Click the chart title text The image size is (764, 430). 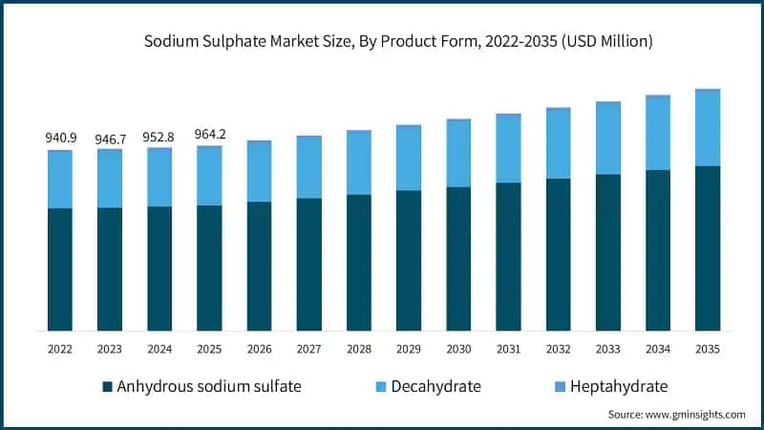398,41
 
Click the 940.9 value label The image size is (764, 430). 60,138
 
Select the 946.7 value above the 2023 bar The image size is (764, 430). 110,140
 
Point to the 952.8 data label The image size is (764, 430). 159,137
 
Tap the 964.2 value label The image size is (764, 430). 209,135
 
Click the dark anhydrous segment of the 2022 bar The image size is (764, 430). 60,269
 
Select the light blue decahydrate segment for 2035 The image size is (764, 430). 708,129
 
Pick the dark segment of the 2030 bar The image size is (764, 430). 458,259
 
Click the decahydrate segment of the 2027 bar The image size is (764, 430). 309,168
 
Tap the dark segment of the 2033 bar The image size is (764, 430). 608,252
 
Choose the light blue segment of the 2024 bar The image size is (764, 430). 159,178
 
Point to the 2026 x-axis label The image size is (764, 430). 259,350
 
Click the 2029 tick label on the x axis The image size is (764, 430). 409,350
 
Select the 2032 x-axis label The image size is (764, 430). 558,350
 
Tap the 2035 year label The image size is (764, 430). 708,350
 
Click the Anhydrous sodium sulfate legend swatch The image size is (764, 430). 107,387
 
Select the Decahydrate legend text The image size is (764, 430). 436,387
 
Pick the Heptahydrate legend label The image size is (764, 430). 618,387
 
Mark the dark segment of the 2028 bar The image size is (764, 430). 359,263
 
